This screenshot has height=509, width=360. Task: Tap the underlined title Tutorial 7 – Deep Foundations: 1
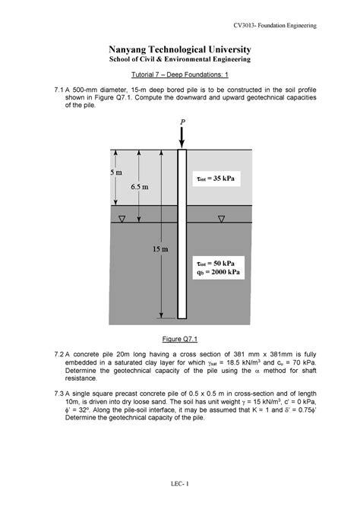pyautogui.click(x=179, y=75)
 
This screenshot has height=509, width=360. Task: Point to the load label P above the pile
pyautogui.click(x=182, y=122)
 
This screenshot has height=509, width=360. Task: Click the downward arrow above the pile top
pyautogui.click(x=182, y=138)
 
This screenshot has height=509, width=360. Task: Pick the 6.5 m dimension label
pyautogui.click(x=138, y=186)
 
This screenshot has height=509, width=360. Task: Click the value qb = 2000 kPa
pyautogui.click(x=221, y=270)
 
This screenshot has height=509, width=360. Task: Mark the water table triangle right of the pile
pyautogui.click(x=221, y=220)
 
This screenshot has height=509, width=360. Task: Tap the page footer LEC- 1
pyautogui.click(x=179, y=484)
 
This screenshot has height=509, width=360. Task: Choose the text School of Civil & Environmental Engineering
pyautogui.click(x=179, y=59)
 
